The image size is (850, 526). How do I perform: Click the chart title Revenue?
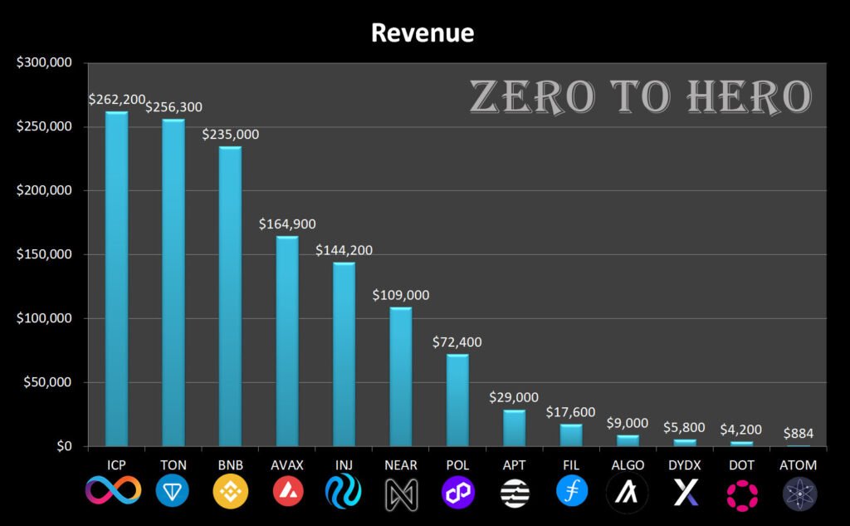coord(422,32)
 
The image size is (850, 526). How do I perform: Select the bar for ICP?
coord(116,278)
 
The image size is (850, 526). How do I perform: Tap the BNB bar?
coord(230,296)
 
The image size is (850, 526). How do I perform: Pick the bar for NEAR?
coord(401,376)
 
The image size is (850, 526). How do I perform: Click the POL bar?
coord(457,400)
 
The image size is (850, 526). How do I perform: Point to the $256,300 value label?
coord(173,107)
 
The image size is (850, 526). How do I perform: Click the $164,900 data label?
coord(287,224)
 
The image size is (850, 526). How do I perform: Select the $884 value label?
coord(799,433)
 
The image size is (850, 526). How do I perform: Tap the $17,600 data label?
coord(571,412)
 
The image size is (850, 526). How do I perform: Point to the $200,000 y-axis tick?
coord(44,191)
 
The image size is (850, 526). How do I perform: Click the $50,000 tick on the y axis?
coord(47,383)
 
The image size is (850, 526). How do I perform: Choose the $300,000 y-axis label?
coord(44,63)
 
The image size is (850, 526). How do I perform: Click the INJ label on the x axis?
coord(344,465)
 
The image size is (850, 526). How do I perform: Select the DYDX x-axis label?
coord(685,465)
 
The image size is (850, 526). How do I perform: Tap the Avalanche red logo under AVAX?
coord(287,493)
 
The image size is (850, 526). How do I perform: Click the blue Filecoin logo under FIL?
coord(572,491)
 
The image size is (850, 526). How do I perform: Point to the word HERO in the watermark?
coord(748,98)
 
